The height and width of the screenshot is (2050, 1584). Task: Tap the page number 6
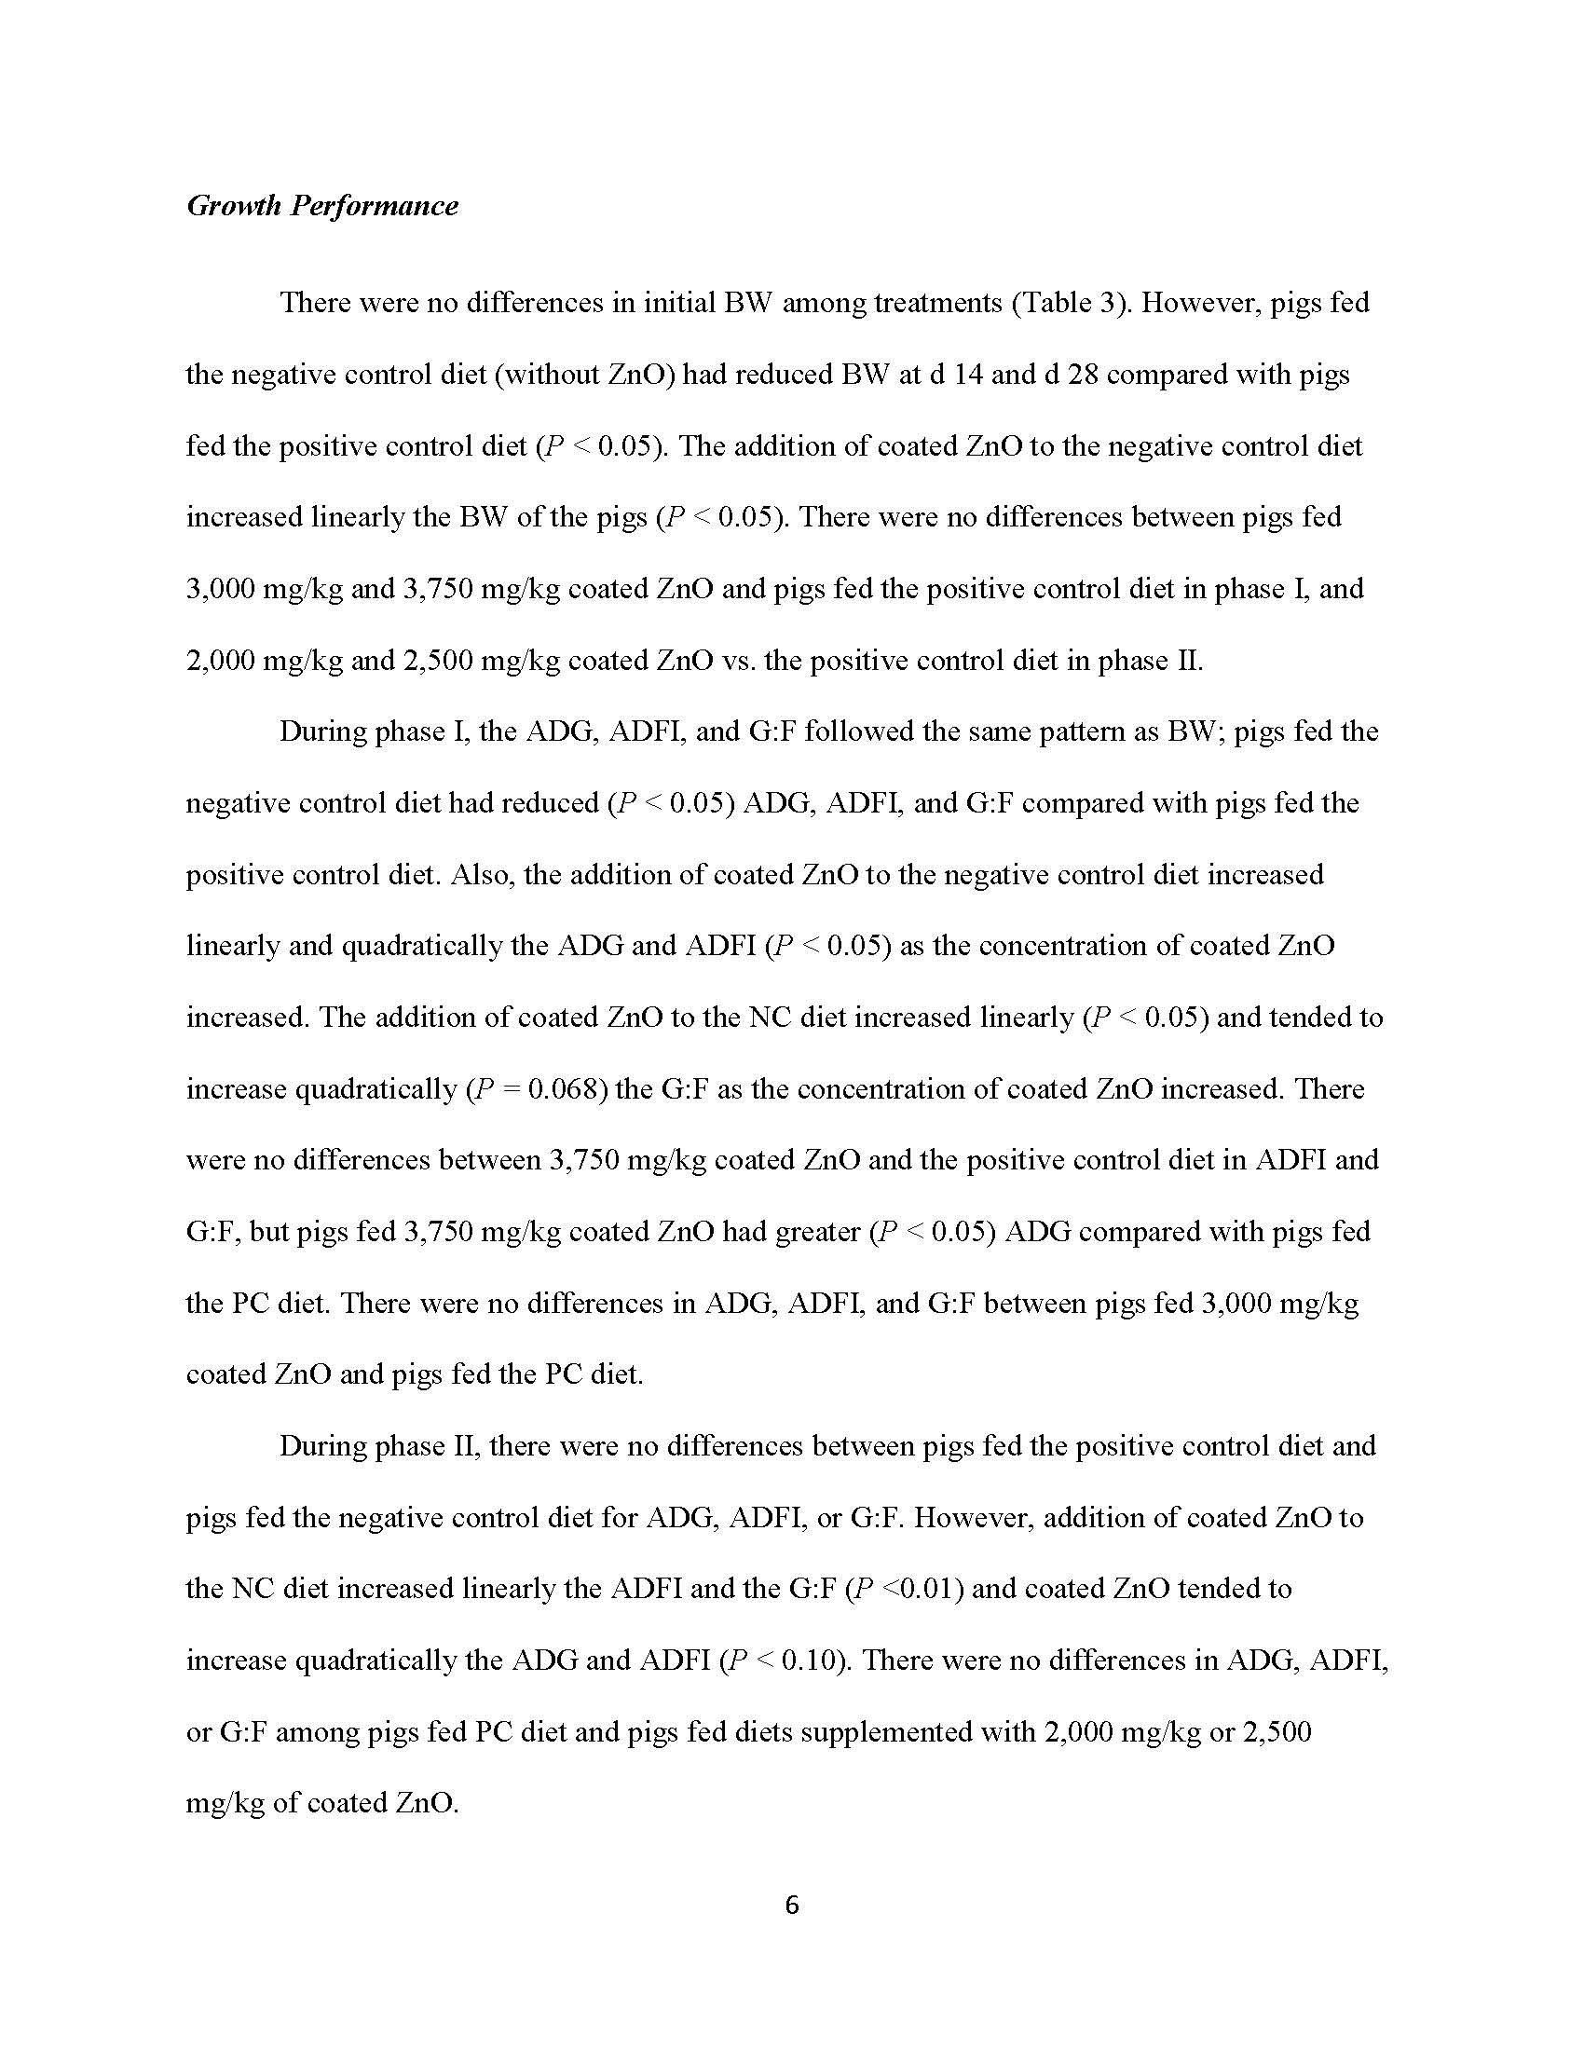[791, 1905]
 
